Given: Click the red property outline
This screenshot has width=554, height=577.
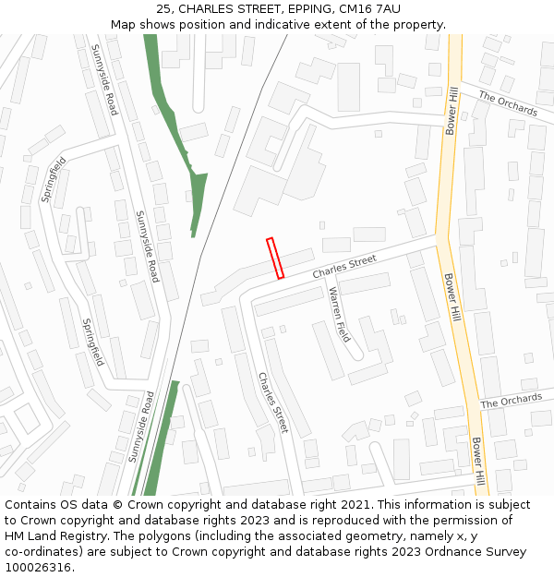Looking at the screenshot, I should click(275, 258).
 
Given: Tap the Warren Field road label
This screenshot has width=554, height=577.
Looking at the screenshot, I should click(340, 315).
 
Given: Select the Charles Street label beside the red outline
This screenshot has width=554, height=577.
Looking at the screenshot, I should click(344, 268).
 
